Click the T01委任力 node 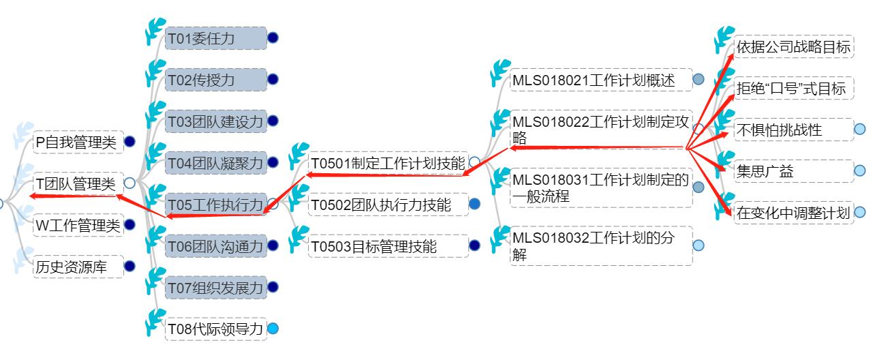click(x=215, y=38)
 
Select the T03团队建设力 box click(x=215, y=121)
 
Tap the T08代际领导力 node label click(x=215, y=329)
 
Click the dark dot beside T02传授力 click(x=273, y=80)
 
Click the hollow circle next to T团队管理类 click(x=129, y=183)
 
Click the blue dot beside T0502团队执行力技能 click(x=475, y=204)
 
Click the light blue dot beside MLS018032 click(x=699, y=245)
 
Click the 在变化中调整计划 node click(x=794, y=213)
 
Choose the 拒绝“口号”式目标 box click(x=794, y=89)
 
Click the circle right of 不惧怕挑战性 click(x=860, y=130)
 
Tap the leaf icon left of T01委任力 click(x=156, y=31)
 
